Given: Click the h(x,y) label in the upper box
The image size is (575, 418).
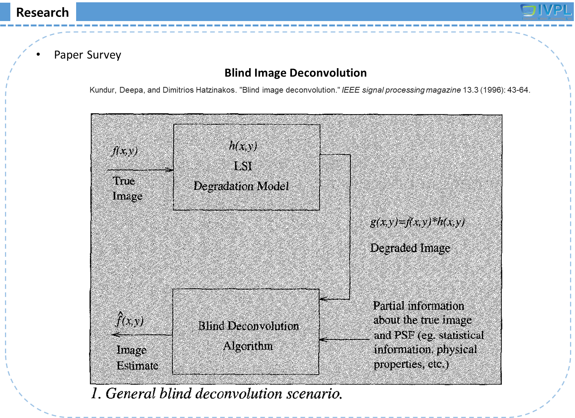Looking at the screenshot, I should pos(243,146).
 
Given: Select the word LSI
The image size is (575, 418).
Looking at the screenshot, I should pos(243,166).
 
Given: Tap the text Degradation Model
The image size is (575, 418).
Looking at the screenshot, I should pos(241,186).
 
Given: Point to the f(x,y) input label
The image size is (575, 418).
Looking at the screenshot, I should pos(124,151).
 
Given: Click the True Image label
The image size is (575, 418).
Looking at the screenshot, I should pos(127,188).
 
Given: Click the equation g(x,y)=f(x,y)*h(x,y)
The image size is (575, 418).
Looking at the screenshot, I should pos(417,222).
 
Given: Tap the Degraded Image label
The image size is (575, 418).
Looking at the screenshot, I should pos(410,248).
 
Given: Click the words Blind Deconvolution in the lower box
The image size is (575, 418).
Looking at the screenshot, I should pos(248,326).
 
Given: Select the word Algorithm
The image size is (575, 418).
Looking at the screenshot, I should pos(248,346).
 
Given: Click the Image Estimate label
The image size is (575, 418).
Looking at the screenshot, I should pos(137,358).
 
